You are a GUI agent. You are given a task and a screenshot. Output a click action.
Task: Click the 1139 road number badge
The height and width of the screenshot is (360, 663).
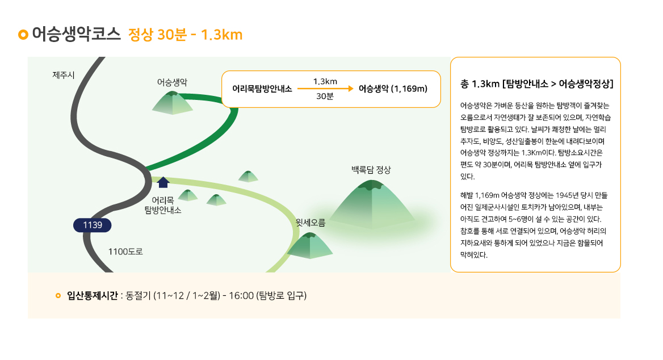tap(92, 225)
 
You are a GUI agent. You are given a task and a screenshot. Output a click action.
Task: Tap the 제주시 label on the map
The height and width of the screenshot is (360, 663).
tap(64, 76)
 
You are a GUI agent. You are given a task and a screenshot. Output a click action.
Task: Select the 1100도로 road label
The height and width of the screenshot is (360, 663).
tap(125, 252)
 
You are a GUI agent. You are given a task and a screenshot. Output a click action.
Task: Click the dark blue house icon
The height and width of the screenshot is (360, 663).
tap(163, 182)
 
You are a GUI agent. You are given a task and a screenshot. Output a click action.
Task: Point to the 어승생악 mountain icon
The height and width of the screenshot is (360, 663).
tap(172, 103)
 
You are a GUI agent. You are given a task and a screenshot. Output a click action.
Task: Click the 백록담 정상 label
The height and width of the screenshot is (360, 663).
tap(371, 170)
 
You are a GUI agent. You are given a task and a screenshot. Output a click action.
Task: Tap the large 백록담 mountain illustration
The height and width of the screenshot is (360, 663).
tap(372, 204)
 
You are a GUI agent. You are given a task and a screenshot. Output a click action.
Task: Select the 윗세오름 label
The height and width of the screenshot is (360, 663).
tap(310, 223)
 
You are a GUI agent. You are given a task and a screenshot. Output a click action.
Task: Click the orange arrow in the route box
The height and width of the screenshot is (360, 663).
tap(325, 89)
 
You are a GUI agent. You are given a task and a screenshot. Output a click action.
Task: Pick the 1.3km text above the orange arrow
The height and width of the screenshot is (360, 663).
tap(325, 81)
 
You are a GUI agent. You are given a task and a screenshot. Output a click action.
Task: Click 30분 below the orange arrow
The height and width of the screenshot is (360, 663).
tap(325, 96)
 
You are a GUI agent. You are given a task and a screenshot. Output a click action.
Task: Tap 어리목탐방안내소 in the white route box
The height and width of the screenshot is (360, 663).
tap(262, 89)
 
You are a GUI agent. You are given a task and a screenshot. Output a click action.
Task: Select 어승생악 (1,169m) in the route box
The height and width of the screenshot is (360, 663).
tap(393, 89)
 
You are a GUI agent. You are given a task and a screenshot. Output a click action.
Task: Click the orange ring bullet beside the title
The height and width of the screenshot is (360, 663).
tap(23, 35)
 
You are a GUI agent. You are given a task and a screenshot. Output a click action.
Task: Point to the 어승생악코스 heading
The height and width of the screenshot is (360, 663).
tap(77, 34)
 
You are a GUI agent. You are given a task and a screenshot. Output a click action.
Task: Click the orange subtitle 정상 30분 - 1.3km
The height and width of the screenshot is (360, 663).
tap(185, 35)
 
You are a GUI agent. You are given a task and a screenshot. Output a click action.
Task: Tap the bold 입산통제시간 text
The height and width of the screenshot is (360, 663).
tap(92, 296)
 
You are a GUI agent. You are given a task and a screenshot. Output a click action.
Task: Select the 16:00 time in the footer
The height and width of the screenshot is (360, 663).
tap(241, 296)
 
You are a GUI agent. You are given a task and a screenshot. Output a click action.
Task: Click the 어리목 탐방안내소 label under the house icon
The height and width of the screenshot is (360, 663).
tap(163, 205)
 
